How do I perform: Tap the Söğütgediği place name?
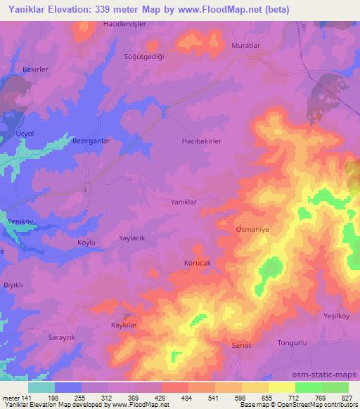point(143,56)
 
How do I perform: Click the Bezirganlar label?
point(91,141)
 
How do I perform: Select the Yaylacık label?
point(131,238)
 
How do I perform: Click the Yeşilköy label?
point(337,316)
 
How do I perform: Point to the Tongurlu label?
point(291,342)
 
